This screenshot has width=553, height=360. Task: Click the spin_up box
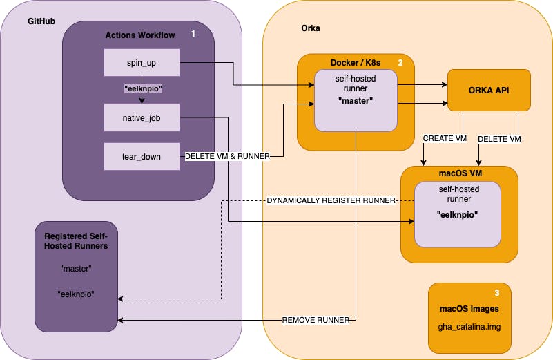coord(142,62)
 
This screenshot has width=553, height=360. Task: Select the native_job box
coord(142,118)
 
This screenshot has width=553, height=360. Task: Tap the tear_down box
coord(142,156)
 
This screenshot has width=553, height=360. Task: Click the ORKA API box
coord(489,90)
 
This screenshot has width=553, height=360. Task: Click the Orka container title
coord(311,29)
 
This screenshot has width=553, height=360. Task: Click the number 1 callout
coord(193,33)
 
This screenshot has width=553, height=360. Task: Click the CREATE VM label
coord(445,139)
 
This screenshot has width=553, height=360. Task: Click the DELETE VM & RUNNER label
coord(226,156)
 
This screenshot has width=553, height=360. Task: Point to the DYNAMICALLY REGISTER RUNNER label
coord(331,200)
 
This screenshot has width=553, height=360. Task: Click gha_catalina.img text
coord(469,325)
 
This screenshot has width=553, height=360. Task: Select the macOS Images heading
coord(469,308)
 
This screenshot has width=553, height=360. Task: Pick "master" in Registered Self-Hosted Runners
coord(76,268)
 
